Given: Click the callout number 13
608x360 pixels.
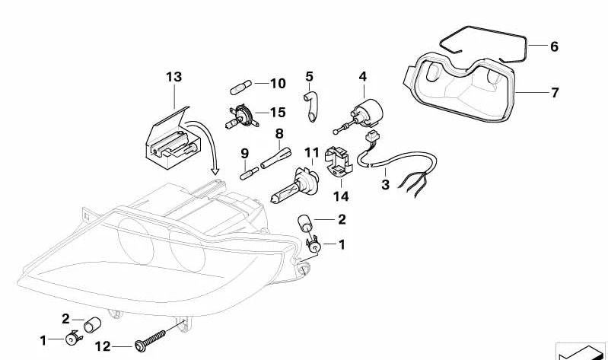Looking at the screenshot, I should [x=173, y=77].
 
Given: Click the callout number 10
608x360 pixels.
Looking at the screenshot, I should [x=277, y=83].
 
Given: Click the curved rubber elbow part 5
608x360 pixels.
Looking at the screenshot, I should [x=311, y=105].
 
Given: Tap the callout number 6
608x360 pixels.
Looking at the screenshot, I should [x=554, y=47].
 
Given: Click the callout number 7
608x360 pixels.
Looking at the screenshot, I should [x=555, y=93].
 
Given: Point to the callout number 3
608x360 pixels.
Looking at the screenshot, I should [x=385, y=184].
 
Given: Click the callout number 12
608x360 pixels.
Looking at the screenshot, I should [x=103, y=347].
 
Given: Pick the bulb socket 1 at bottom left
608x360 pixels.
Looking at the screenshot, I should [x=73, y=338].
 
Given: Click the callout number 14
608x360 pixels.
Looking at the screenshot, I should [x=340, y=196].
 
